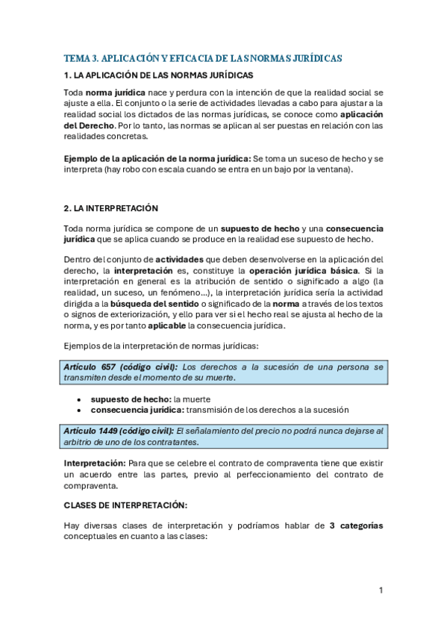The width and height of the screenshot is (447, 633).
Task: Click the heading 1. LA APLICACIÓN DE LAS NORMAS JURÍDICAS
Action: (x=158, y=75)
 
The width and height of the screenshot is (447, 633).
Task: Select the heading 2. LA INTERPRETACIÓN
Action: (x=110, y=207)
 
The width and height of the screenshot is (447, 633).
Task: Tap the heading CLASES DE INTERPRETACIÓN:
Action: (x=120, y=505)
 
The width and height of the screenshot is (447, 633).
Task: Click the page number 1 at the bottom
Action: (x=381, y=590)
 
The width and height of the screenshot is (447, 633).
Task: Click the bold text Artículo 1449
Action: (x=96, y=431)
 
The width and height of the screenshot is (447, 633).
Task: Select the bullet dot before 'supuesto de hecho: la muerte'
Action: (x=80, y=399)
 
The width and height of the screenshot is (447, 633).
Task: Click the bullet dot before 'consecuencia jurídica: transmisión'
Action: (x=80, y=410)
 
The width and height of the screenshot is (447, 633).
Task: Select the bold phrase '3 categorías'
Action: (x=356, y=525)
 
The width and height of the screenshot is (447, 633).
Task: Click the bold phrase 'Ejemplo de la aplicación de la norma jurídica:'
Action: (x=157, y=159)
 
